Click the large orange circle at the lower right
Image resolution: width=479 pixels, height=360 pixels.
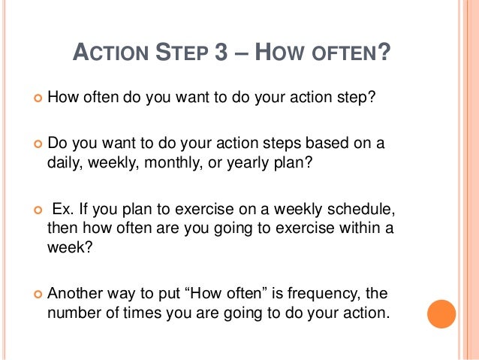(441, 313)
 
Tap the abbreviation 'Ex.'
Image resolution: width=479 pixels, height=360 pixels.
(63, 207)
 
